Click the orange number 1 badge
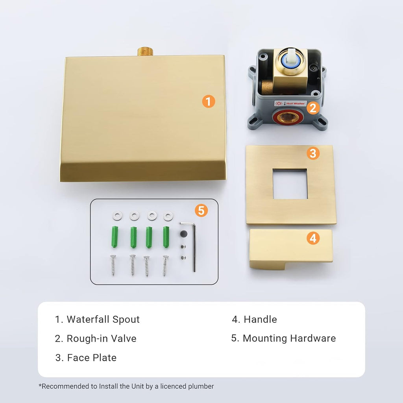coord(209,102)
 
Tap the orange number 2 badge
coord(313,108)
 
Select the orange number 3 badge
coord(313,153)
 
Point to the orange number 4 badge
coord(313,238)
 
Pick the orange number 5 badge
coord(201,210)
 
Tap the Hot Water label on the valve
coord(290,104)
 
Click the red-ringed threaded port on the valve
coord(288,117)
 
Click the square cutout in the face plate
coord(290,184)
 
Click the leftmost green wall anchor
coord(115,237)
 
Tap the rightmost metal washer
coord(168,216)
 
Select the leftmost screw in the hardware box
coord(113,265)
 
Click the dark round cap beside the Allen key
coord(184,234)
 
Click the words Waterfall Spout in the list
coord(103,319)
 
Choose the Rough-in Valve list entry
coord(96,338)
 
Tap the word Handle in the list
coord(260,319)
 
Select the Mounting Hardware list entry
coord(283,338)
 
